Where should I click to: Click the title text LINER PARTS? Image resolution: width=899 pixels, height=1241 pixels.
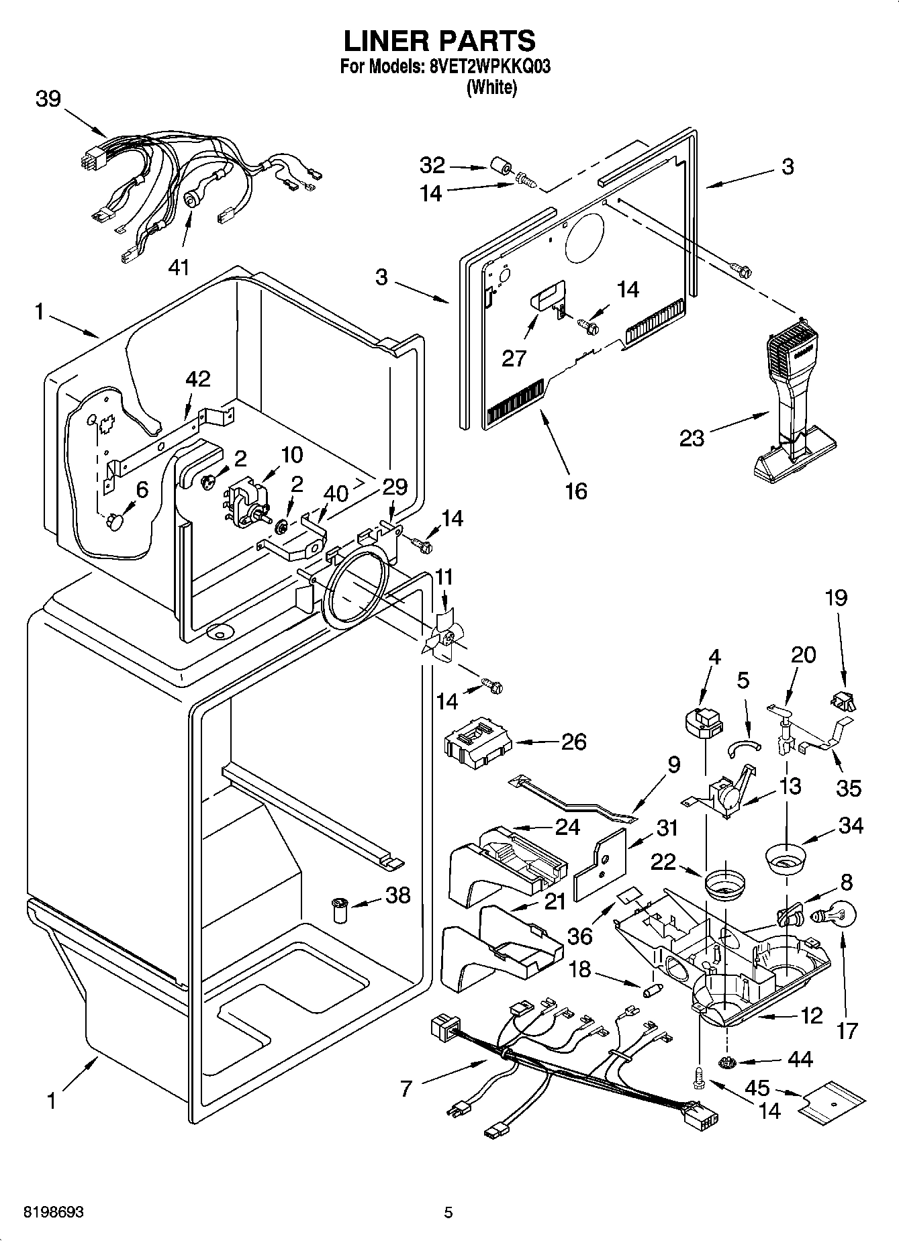(x=440, y=41)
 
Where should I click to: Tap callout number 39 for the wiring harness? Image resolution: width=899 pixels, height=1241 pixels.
(x=48, y=99)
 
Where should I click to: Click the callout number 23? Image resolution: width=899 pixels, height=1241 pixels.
(x=692, y=438)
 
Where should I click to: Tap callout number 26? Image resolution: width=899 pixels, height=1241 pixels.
(x=573, y=742)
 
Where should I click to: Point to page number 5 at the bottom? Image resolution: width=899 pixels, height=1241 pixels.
(x=448, y=1212)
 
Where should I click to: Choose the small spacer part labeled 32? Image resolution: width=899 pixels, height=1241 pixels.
(x=500, y=166)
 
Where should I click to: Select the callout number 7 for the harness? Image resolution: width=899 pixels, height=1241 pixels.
(x=405, y=1088)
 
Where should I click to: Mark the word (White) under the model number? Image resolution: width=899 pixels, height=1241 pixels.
(x=491, y=87)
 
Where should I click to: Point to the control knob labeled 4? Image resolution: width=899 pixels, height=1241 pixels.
(x=702, y=723)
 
